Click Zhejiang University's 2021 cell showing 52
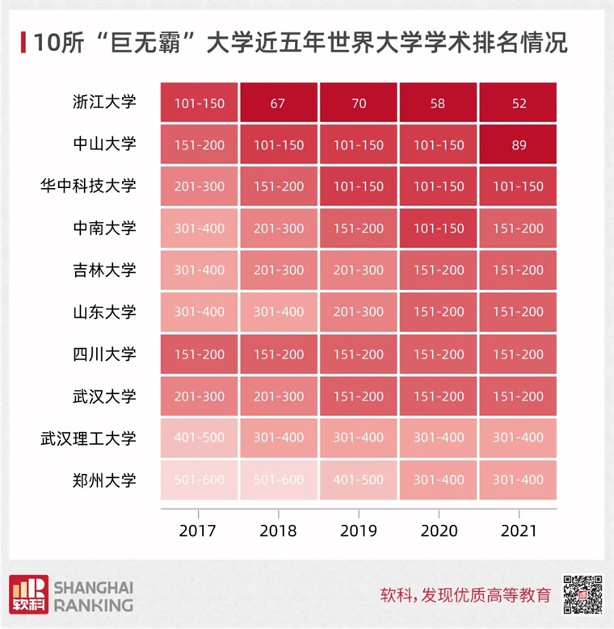(519, 103)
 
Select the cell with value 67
(279, 103)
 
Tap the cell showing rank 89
(519, 145)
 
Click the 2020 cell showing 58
(439, 103)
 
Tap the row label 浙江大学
(104, 103)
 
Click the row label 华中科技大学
(90, 186)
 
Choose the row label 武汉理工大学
(90, 438)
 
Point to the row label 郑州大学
(104, 480)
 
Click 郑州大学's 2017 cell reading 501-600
(199, 480)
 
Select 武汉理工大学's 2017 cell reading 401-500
(199, 438)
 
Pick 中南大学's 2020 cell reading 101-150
(439, 228)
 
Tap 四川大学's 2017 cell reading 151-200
(199, 354)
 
